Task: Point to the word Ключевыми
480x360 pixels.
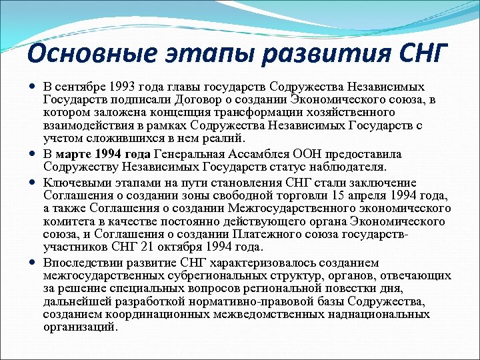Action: [73, 183]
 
